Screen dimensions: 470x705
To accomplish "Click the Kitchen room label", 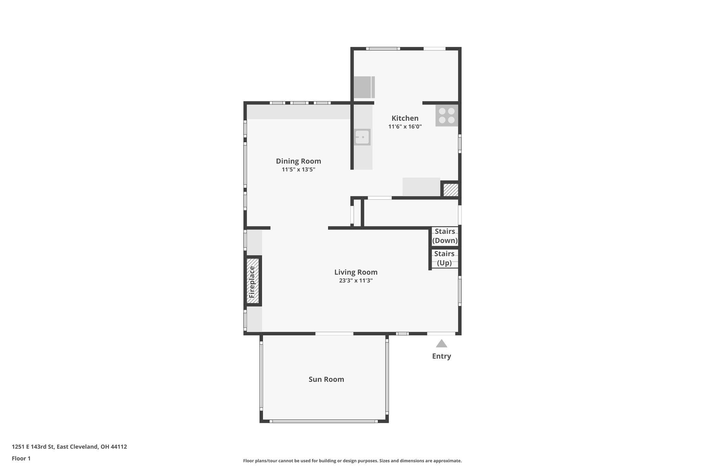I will coord(405,118).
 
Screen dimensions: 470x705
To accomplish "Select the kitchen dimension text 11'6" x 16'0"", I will coord(405,127).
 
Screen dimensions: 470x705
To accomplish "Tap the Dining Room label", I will coord(298,161).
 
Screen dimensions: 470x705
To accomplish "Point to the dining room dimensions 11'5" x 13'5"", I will coord(298,169).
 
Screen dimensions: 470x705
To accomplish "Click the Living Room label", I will coord(356,272).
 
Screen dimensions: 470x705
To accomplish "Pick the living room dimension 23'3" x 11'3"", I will coord(356,281).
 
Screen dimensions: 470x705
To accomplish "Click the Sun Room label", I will coord(326,379).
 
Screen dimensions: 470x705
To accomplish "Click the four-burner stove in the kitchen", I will coord(447,116).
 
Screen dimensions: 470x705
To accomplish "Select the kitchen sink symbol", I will coord(362,137).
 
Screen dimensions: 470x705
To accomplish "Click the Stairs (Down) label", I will coord(445,236).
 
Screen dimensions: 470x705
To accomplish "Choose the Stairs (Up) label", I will coord(444,258).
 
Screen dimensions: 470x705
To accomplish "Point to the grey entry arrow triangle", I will coord(441,344).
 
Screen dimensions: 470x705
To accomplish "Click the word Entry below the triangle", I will coord(441,356).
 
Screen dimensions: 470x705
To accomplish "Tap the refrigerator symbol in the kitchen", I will coord(364,87).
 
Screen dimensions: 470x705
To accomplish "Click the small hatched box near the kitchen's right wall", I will coord(450,190).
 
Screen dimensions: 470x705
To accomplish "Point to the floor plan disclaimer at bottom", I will coord(352,461).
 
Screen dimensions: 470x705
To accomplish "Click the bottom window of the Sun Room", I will coord(324,421).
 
